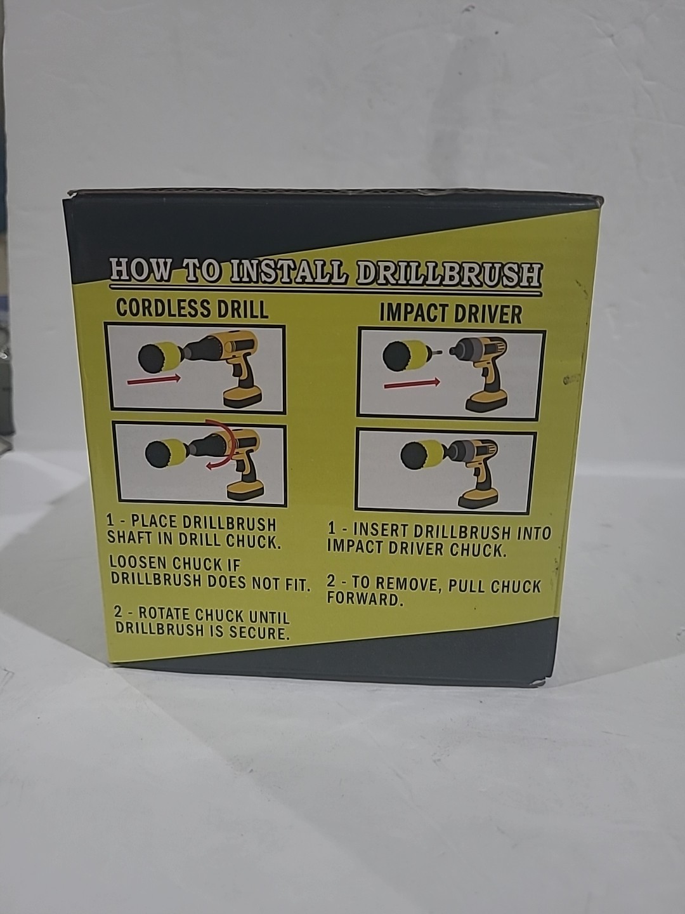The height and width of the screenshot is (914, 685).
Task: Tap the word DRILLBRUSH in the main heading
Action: tap(450, 275)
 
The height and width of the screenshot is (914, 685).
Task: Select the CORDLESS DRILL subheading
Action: tap(192, 308)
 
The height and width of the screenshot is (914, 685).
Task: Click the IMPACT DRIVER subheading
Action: tap(450, 314)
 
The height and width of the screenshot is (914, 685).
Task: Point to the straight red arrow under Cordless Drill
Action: tap(153, 380)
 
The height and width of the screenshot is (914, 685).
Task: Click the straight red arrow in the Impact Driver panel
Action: tap(412, 383)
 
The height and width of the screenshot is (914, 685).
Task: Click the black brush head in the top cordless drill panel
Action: tap(152, 355)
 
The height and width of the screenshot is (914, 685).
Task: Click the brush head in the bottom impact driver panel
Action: tap(415, 456)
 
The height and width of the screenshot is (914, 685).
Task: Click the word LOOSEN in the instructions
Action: tap(137, 564)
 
